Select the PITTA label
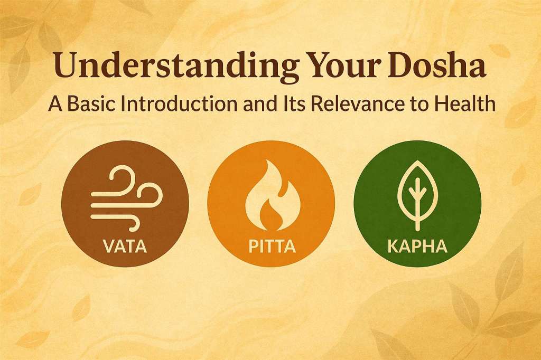tap(270, 246)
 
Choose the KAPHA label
tap(417, 246)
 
